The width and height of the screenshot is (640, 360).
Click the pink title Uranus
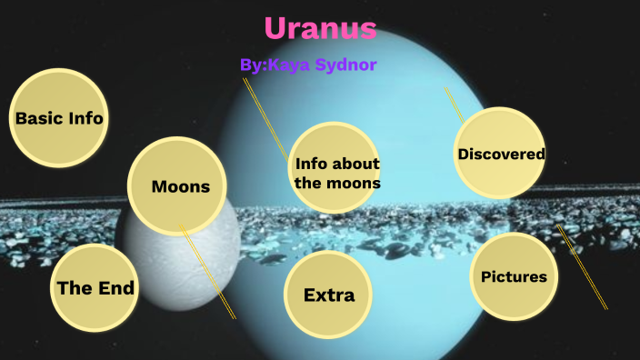click(320, 28)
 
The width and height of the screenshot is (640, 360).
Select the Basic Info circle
click(59, 118)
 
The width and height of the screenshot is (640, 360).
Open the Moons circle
click(180, 186)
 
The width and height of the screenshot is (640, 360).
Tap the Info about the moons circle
click(336, 172)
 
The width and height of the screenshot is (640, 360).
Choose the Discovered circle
click(501, 154)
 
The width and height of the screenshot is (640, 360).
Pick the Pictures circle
click(515, 276)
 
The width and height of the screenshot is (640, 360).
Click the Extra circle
click(328, 295)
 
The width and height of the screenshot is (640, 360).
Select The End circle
click(95, 288)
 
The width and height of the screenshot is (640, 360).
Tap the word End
click(115, 288)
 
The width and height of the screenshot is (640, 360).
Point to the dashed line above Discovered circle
click(454, 105)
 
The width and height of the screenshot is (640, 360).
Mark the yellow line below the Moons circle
click(209, 273)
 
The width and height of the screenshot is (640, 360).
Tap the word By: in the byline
click(254, 65)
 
